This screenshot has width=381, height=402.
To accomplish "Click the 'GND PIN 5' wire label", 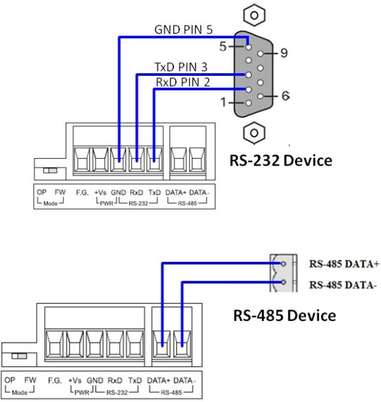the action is (x=183, y=29).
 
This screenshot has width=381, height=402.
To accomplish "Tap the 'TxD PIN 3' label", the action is (x=181, y=67).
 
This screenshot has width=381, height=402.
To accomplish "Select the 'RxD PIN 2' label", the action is (x=183, y=82).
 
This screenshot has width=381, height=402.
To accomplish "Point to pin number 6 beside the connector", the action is (x=285, y=96).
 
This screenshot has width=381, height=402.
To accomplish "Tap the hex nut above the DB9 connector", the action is (x=254, y=15).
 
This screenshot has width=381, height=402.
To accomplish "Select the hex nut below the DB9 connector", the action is (x=254, y=133).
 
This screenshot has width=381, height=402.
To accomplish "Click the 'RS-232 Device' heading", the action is (x=281, y=161).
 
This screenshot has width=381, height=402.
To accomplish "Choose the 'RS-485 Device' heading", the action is (x=285, y=315).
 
